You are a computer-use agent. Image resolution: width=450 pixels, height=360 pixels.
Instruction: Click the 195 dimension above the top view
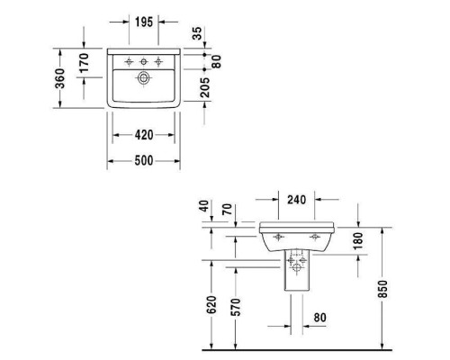click(x=143, y=21)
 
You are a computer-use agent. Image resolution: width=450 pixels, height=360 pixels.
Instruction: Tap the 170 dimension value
click(x=83, y=63)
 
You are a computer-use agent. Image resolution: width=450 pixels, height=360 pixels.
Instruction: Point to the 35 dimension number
click(x=197, y=35)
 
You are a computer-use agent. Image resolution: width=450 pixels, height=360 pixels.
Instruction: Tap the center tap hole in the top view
click(x=143, y=61)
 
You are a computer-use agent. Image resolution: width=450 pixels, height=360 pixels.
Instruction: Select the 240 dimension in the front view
click(x=296, y=201)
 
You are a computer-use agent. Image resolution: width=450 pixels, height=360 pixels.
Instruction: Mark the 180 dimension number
click(x=358, y=240)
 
